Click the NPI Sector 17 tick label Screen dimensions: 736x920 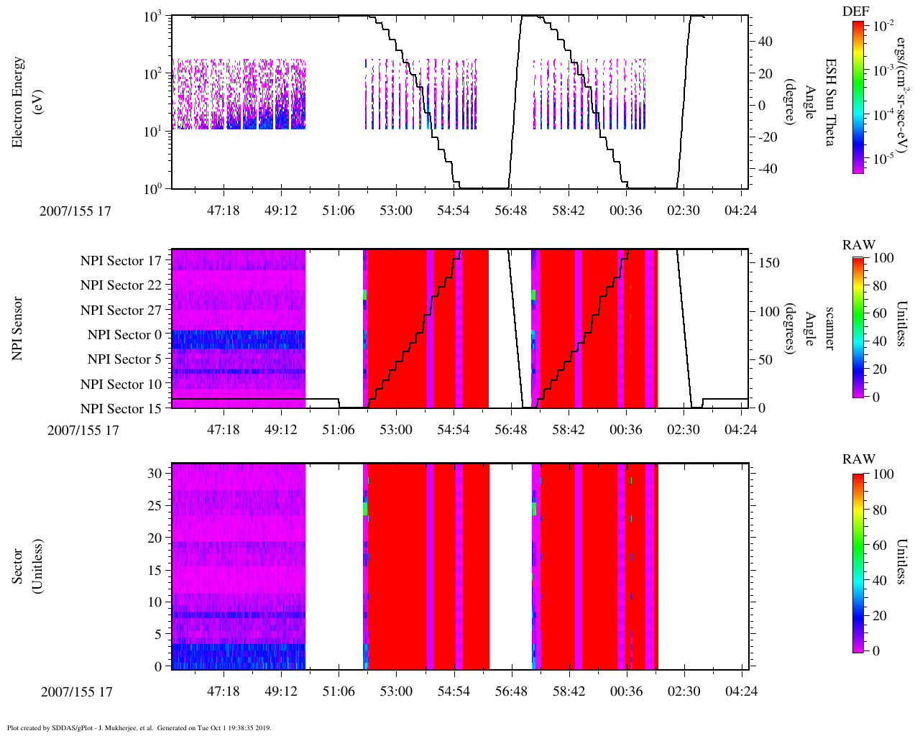click(x=121, y=261)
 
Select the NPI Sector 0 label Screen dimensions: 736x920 click(x=124, y=335)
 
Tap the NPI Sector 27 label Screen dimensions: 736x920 click(x=121, y=310)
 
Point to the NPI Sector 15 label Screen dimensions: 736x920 click(x=121, y=409)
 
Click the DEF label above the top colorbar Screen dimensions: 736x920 click(x=855, y=11)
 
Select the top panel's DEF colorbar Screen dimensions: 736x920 click(x=858, y=97)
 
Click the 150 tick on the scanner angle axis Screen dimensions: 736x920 click(x=770, y=263)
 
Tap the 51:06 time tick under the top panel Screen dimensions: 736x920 click(x=339, y=211)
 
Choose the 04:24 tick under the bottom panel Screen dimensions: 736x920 click(x=741, y=691)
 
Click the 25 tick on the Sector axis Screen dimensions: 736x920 click(x=155, y=506)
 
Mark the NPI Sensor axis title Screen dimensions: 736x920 click(x=17, y=328)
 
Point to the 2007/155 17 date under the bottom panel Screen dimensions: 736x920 click(x=77, y=692)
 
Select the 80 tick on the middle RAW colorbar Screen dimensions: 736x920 click(x=879, y=285)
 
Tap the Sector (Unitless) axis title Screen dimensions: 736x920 click(x=28, y=566)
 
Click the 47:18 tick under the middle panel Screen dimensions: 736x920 click(x=224, y=430)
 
